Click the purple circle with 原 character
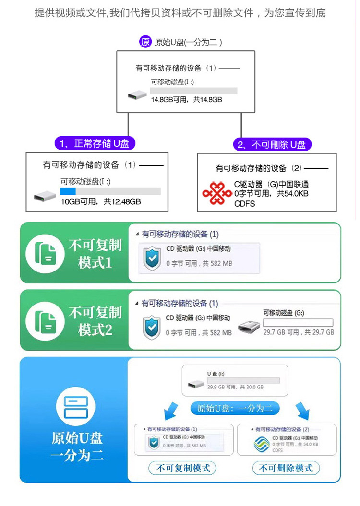tap(145, 42)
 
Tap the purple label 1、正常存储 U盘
tap(95, 143)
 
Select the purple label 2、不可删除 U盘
tap(272, 144)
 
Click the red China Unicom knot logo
tap(217, 193)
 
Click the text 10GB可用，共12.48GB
tap(100, 201)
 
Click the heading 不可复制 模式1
tap(95, 254)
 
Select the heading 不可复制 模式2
tap(95, 321)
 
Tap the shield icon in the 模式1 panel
tap(152, 259)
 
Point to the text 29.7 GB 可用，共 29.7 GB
tap(298, 332)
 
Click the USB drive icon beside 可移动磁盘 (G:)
tap(248, 327)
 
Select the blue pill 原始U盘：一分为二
tap(235, 408)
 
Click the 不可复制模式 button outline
tap(183, 468)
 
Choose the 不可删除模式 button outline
tap(286, 468)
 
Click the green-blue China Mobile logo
tap(262, 444)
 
